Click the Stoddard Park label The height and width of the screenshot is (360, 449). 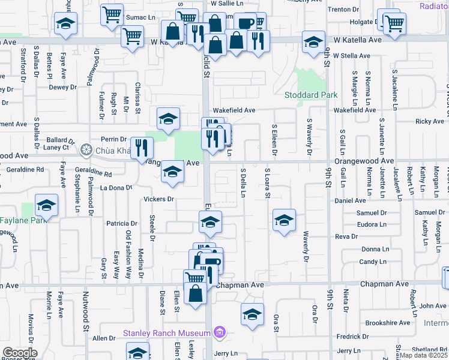[x=311, y=95]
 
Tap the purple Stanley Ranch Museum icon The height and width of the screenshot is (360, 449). [x=220, y=332]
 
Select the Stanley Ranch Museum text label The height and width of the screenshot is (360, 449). [x=166, y=333]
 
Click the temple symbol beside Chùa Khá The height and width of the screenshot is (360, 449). [x=86, y=149]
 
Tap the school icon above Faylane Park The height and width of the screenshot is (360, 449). [x=46, y=206]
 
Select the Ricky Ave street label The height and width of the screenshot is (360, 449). [x=429, y=122]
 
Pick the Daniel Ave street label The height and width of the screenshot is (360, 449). [x=351, y=200]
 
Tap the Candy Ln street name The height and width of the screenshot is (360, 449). [x=373, y=262]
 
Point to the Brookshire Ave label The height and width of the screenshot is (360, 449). [x=387, y=323]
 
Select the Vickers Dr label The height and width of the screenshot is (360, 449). [x=158, y=199]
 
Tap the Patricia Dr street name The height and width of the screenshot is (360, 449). [x=122, y=223]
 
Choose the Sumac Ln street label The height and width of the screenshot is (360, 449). [x=140, y=18]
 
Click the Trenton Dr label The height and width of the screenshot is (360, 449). [x=343, y=10]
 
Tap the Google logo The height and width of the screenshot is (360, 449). [x=20, y=353]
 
